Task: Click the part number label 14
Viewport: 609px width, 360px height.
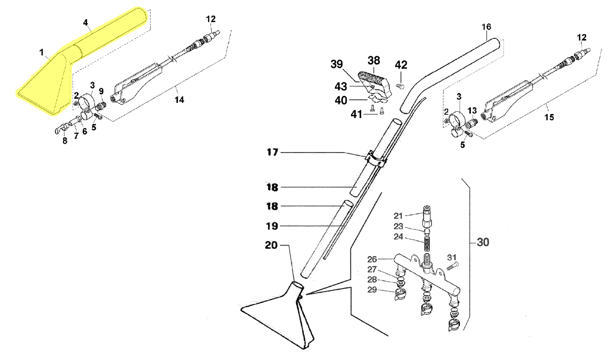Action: click(179, 100)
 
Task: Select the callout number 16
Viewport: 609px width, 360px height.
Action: click(487, 27)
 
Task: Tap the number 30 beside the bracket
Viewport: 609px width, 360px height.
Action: click(483, 243)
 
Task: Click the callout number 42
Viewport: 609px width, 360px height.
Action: click(401, 65)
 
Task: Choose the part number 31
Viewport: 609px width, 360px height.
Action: click(452, 257)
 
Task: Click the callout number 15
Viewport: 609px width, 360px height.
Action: click(549, 117)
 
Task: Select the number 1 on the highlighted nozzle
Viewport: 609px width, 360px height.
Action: click(41, 53)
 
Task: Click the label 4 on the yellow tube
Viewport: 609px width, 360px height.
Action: click(85, 22)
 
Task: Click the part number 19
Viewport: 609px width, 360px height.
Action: click(272, 226)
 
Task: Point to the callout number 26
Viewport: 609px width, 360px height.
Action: click(372, 259)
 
